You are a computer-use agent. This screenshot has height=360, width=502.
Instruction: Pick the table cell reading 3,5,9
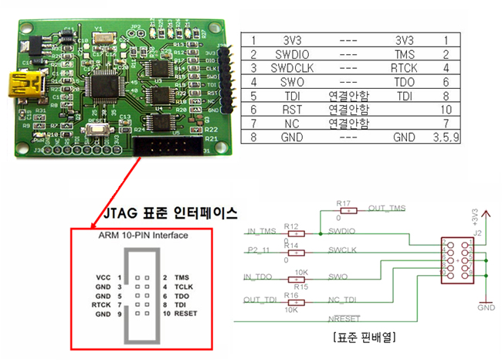444,140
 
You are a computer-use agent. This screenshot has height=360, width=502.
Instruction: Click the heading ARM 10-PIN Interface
143,236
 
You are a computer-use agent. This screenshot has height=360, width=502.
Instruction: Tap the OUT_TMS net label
386,208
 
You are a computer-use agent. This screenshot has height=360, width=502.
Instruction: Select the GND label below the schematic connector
486,307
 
